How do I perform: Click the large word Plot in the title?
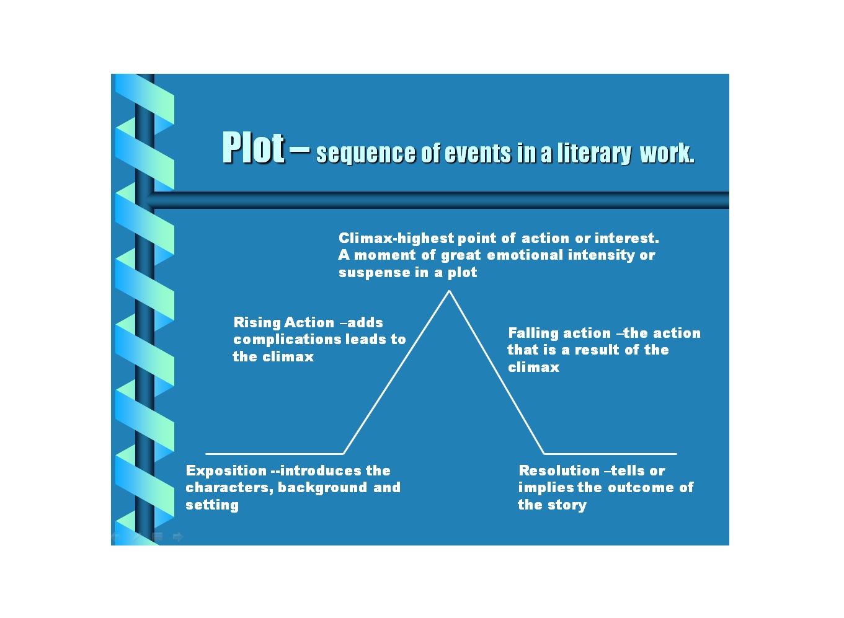(x=253, y=148)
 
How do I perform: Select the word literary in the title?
(x=593, y=153)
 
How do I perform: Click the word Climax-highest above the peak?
(x=396, y=239)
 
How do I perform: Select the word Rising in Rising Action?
(x=256, y=323)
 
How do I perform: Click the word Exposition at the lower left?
(x=226, y=471)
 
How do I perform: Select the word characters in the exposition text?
(x=228, y=488)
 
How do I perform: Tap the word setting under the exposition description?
(x=212, y=505)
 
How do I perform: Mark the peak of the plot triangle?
(x=449, y=291)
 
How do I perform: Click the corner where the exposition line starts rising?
(x=344, y=454)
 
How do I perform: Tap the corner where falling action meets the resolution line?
(x=544, y=454)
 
